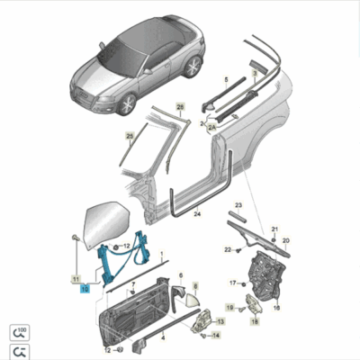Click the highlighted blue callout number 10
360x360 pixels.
84,289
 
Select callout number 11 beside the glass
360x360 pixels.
76,279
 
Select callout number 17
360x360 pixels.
231,283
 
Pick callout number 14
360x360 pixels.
217,334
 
